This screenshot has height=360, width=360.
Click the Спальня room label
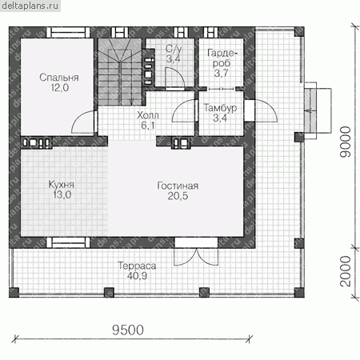[x=59, y=78]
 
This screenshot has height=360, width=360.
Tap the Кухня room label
[x=62, y=185]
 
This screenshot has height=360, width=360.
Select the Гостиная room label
[x=178, y=186]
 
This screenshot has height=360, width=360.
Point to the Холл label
[x=148, y=115]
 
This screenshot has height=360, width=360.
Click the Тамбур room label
[x=220, y=108]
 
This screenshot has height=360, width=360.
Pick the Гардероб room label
[x=222, y=58]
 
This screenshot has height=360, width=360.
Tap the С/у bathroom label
[x=174, y=49]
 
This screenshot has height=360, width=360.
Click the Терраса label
[x=137, y=266]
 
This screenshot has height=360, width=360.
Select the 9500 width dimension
[x=128, y=330]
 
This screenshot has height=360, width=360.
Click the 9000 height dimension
[x=346, y=142]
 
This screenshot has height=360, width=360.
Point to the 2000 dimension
[x=346, y=271]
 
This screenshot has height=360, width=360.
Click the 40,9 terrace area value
[x=137, y=276]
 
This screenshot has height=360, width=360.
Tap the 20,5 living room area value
[x=178, y=196]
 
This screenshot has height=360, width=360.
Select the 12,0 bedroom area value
[x=60, y=87]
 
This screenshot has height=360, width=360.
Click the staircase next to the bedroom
[x=120, y=72]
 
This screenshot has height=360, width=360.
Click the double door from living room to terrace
[x=196, y=257]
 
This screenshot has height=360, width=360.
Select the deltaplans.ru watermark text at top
[x=30, y=6]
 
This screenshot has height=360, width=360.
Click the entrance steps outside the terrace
[x=318, y=110]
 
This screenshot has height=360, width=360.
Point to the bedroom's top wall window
[x=68, y=33]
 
